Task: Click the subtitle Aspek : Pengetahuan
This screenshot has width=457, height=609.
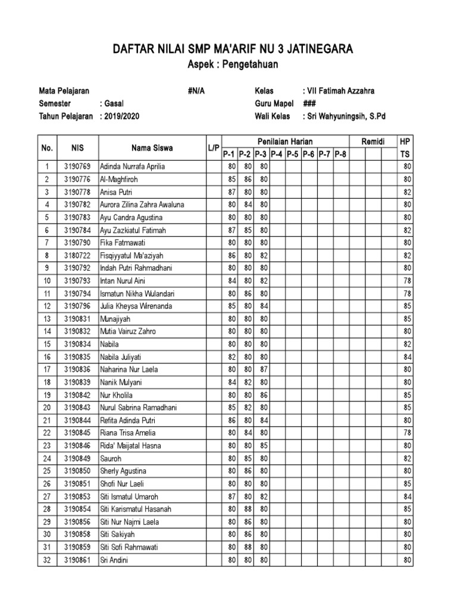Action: (233, 65)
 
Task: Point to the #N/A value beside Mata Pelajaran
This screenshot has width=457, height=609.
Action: (196, 92)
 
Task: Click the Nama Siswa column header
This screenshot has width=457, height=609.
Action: (152, 148)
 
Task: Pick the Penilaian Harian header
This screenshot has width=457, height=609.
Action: (284, 142)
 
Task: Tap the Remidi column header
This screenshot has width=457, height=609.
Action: (373, 142)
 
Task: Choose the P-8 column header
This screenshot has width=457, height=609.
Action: (340, 155)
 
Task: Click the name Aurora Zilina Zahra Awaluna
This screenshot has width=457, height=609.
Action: (142, 205)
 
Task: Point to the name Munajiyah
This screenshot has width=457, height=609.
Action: (115, 319)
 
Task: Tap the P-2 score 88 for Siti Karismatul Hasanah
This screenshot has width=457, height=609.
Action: (248, 508)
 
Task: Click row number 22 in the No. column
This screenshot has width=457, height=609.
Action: (48, 432)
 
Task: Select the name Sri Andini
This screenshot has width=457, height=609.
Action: (114, 560)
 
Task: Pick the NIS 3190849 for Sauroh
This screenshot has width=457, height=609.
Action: (77, 458)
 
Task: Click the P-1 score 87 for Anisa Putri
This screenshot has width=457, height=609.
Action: (231, 192)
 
